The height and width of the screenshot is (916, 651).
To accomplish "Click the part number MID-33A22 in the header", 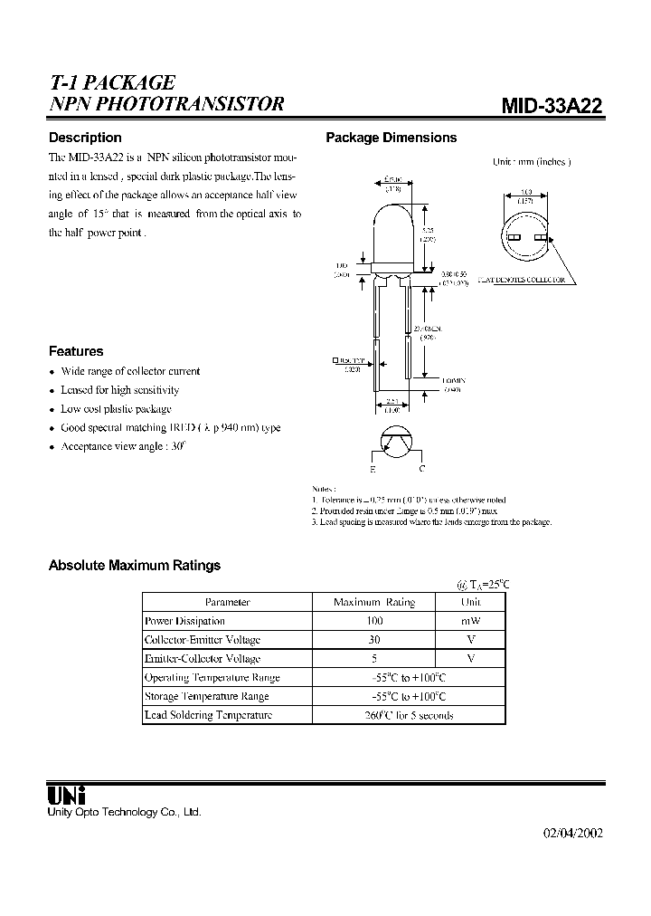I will pyautogui.click(x=552, y=106).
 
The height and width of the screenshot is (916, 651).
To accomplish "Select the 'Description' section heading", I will pyautogui.click(x=84, y=138).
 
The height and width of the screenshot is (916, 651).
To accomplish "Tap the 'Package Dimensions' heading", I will pyautogui.click(x=391, y=138).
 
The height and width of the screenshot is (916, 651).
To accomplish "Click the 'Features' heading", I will pyautogui.click(x=75, y=351).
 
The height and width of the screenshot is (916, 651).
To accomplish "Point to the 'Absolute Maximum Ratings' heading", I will pyautogui.click(x=134, y=565).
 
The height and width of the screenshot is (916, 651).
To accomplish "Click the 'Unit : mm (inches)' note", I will pyautogui.click(x=532, y=161).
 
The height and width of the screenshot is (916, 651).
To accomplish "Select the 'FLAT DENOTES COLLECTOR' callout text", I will pyautogui.click(x=522, y=280).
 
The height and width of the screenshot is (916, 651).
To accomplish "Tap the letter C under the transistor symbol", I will pyautogui.click(x=421, y=471).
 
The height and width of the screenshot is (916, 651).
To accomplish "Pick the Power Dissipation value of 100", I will pyautogui.click(x=374, y=621).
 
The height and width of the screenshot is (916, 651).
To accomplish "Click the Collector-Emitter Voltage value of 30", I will pyautogui.click(x=374, y=640).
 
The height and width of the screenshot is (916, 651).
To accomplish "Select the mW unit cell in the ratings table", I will pyautogui.click(x=470, y=621).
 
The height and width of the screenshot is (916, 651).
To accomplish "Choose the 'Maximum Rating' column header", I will pyautogui.click(x=374, y=602).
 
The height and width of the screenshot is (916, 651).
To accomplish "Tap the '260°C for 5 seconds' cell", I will pyautogui.click(x=408, y=715).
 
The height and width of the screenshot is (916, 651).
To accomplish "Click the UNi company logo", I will pyautogui.click(x=66, y=795).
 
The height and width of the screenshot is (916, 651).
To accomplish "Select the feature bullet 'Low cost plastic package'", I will pyautogui.click(x=116, y=409).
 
